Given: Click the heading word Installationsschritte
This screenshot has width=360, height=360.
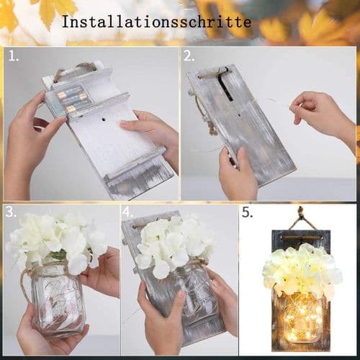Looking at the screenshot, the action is click(x=156, y=22).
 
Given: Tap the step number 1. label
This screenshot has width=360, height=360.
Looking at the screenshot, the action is click(x=14, y=56).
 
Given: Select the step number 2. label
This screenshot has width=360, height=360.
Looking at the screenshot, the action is click(x=189, y=56).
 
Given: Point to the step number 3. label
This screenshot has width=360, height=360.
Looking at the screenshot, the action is click(x=11, y=212).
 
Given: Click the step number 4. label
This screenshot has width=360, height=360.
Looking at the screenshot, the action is click(x=127, y=212).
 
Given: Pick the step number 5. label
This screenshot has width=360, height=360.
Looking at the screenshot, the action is click(x=247, y=212).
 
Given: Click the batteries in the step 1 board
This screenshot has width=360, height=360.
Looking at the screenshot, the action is click(x=72, y=102).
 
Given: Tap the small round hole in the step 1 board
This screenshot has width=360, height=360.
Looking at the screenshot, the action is click(x=104, y=119).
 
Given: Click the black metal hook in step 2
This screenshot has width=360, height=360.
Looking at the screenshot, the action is click(x=225, y=84).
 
